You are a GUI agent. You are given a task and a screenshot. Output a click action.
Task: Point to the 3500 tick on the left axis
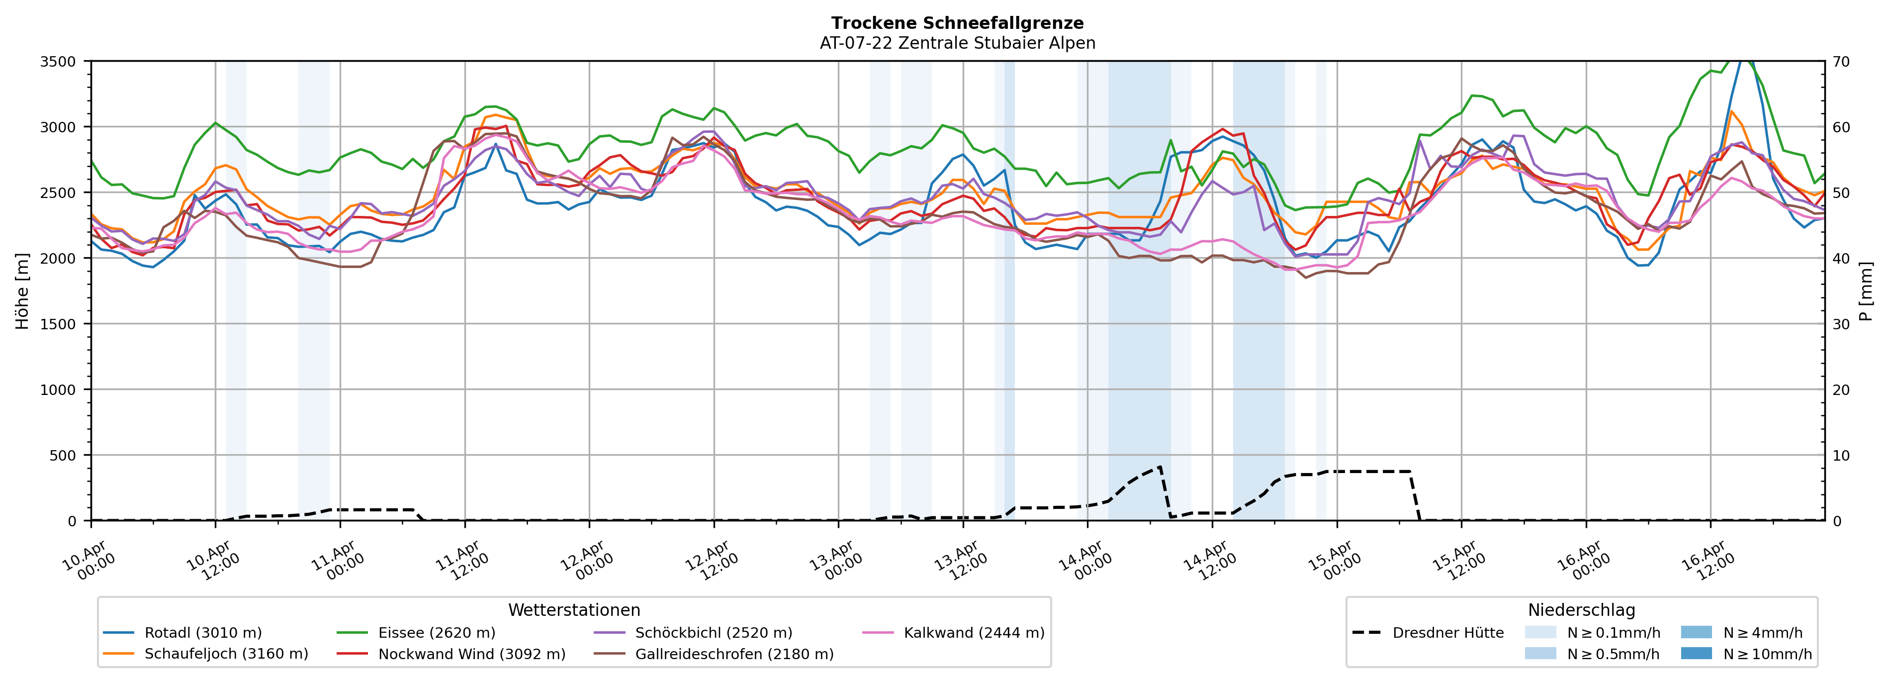(58, 62)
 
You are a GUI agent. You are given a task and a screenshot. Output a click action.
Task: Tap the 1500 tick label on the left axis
(58, 324)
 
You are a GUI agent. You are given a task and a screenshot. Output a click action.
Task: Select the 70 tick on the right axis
(1841, 62)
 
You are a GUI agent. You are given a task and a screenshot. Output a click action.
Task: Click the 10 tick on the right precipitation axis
(1841, 456)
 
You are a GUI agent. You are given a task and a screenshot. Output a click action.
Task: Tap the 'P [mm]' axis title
(1866, 292)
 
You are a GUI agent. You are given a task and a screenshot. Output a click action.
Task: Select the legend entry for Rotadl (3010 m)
(202, 633)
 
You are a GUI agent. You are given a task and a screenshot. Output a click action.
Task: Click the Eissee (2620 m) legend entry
(436, 633)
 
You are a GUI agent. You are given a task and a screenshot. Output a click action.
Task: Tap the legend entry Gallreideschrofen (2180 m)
(734, 654)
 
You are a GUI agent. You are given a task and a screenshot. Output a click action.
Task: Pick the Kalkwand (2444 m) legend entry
(974, 633)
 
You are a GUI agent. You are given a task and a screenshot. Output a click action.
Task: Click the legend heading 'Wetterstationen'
(574, 610)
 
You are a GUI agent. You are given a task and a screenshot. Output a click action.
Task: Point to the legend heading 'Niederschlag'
(1581, 610)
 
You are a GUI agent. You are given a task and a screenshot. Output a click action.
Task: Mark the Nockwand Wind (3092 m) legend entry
(471, 654)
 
